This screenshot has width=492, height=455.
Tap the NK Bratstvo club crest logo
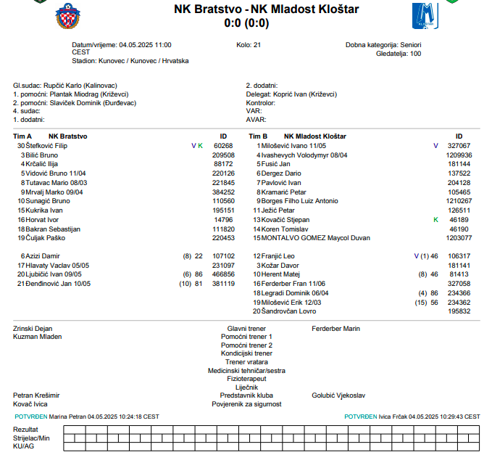68,16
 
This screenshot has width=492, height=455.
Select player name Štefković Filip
51,146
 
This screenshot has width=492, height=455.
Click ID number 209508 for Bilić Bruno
223,155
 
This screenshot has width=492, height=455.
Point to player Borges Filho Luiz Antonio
300,201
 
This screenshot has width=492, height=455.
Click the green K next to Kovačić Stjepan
435,219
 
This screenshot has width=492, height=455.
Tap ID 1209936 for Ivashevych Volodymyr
459,155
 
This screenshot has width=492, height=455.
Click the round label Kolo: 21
249,45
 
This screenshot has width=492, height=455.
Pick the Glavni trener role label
246,329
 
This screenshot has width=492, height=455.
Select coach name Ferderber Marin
335,329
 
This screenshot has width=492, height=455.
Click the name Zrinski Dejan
33,329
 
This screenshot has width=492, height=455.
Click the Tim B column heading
259,136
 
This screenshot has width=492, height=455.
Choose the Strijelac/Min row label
32,438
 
